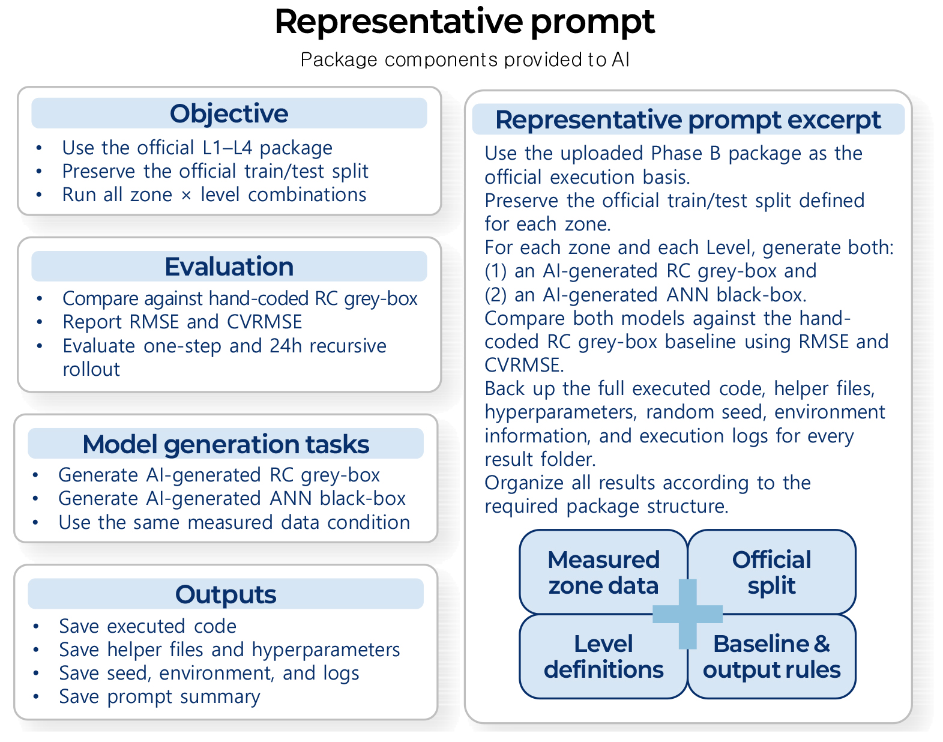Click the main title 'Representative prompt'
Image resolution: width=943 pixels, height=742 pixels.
tap(465, 22)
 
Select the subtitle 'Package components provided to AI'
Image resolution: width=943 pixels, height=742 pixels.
tap(465, 59)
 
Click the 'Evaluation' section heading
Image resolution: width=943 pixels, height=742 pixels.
tap(229, 266)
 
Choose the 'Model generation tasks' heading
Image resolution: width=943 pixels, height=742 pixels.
tap(226, 444)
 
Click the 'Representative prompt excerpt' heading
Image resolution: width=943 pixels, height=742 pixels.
tap(688, 119)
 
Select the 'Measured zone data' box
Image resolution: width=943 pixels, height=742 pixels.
tap(603, 572)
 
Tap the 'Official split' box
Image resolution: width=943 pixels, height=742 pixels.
tap(772, 572)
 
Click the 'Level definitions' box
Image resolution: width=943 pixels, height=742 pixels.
tap(603, 656)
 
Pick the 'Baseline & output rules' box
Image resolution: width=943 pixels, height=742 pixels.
tap(772, 656)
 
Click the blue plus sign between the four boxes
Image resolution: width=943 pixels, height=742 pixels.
tap(687, 614)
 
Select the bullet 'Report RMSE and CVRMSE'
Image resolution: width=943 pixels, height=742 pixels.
tap(182, 322)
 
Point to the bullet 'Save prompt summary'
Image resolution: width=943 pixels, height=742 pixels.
tap(160, 696)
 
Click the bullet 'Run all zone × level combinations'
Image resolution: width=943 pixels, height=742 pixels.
tap(214, 194)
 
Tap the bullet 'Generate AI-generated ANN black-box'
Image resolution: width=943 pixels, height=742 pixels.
tap(232, 498)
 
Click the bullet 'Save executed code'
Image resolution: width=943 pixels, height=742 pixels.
tap(148, 626)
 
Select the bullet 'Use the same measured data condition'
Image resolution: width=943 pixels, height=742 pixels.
tap(234, 522)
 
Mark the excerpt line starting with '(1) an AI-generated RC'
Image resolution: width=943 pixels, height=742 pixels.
tap(650, 271)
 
